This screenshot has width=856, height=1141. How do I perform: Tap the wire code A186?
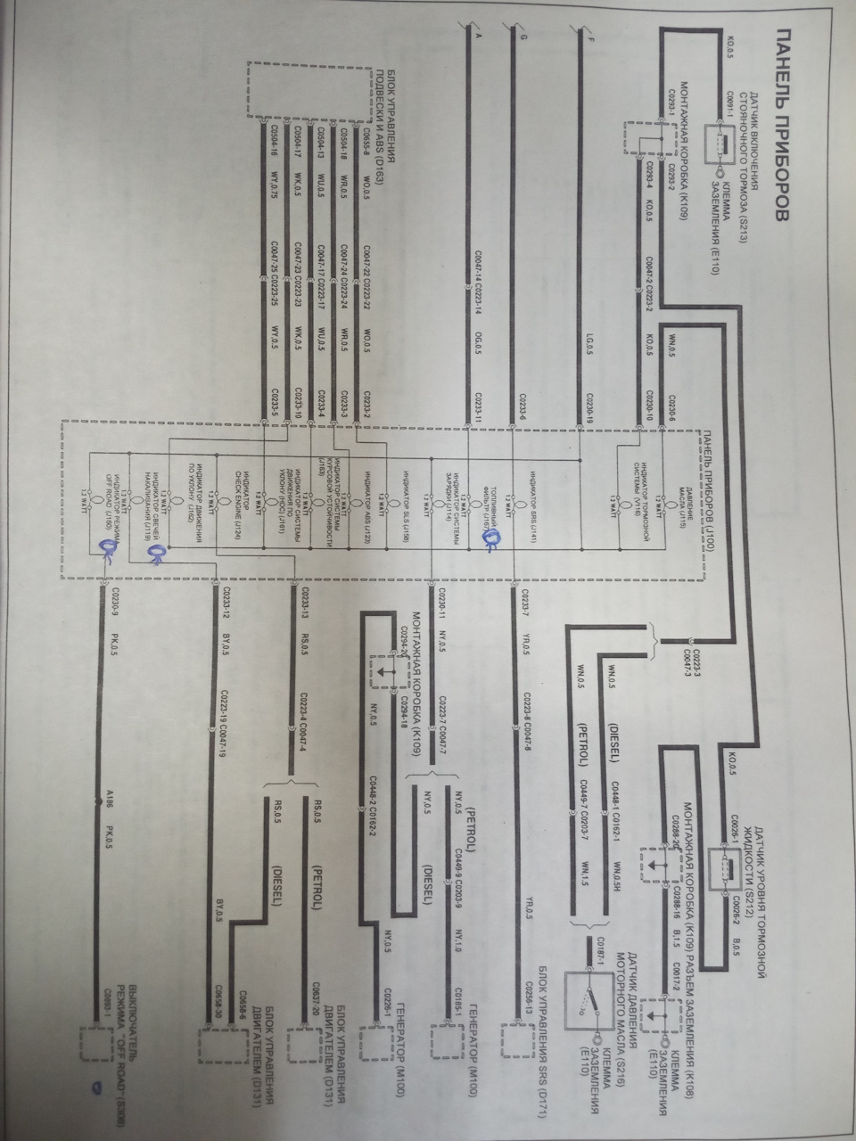[108, 799]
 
